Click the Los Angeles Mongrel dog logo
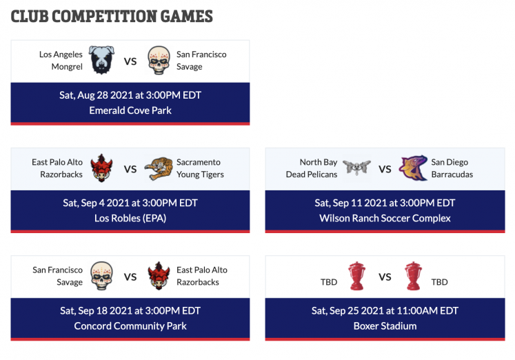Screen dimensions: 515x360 pyautogui.click(x=102, y=60)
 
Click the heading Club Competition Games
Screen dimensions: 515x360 pyautogui.click(x=112, y=17)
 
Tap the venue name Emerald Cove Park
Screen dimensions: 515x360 pyautogui.click(x=130, y=110)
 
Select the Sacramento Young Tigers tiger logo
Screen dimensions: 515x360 pyautogui.click(x=159, y=168)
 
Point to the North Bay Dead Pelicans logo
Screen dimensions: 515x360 pyautogui.click(x=356, y=168)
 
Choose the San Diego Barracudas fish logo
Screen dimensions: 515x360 pyautogui.click(x=413, y=168)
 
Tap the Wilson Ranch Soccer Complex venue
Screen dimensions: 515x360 pyautogui.click(x=385, y=218)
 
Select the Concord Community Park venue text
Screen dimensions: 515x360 pyautogui.click(x=130, y=326)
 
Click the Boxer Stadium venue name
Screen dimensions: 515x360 pyautogui.click(x=385, y=326)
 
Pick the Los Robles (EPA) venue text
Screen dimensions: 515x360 pyautogui.click(x=130, y=218)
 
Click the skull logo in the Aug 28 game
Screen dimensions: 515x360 pyautogui.click(x=159, y=60)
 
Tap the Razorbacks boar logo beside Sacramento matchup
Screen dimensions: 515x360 pyautogui.click(x=102, y=168)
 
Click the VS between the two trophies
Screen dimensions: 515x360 pyautogui.click(x=385, y=277)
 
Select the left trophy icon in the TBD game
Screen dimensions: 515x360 pyautogui.click(x=356, y=276)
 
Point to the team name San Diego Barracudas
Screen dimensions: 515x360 pyautogui.click(x=452, y=168)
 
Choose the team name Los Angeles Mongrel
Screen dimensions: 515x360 pyautogui.click(x=61, y=61)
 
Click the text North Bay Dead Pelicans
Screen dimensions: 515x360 pyautogui.click(x=312, y=168)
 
